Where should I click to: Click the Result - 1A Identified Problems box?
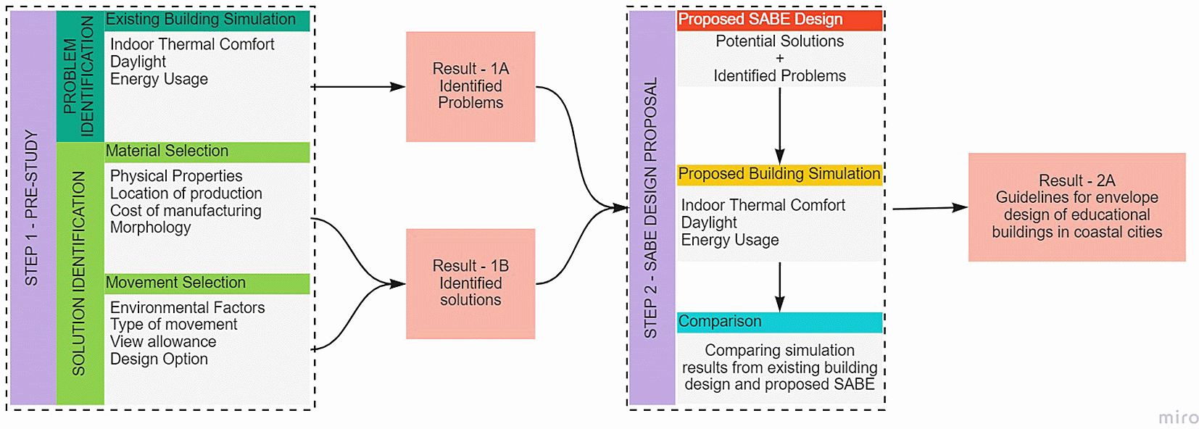click(470, 86)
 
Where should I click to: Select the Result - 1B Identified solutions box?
click(470, 283)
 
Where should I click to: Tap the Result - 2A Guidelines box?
click(1076, 207)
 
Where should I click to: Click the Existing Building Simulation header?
click(207, 20)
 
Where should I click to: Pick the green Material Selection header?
click(207, 151)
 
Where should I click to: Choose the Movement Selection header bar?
click(207, 283)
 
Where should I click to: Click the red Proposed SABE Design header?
click(779, 20)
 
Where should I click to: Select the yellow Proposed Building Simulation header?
click(779, 175)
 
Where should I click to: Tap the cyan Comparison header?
click(779, 322)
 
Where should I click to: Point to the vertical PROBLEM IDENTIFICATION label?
click(79, 76)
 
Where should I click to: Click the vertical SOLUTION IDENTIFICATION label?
click(79, 273)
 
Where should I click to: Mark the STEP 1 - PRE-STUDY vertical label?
click(32, 208)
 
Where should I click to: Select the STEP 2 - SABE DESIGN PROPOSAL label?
click(651, 208)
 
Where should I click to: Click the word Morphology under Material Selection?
click(151, 228)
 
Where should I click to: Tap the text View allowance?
click(163, 341)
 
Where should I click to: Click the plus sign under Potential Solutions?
click(780, 59)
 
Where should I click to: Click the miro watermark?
click(1178, 417)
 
